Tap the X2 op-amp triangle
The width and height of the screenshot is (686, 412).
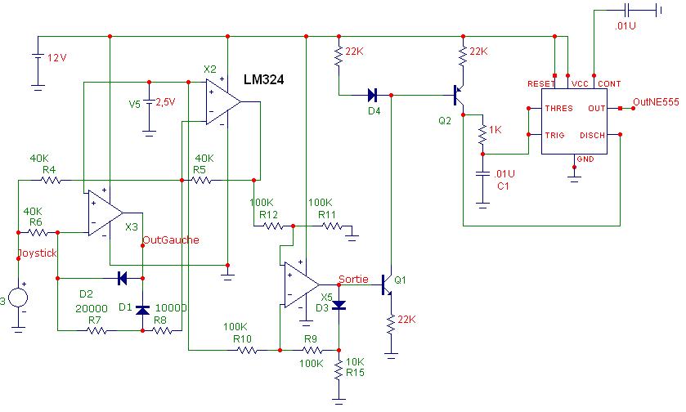point(222,102)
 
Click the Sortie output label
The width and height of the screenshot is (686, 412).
point(353,278)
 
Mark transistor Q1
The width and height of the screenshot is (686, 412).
point(388,283)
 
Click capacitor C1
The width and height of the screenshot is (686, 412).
point(482,176)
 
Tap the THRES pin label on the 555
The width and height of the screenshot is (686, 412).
point(560,109)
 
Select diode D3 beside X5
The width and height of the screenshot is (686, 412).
point(339,306)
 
